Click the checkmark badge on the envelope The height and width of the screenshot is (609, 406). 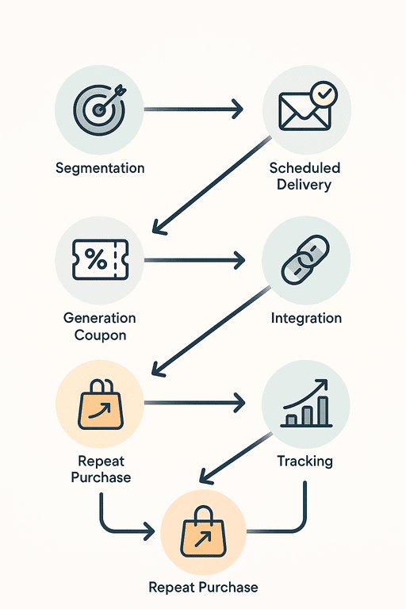pyautogui.click(x=324, y=94)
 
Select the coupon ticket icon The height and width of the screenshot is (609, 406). pyautogui.click(x=100, y=259)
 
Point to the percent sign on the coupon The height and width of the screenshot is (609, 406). pyautogui.click(x=96, y=259)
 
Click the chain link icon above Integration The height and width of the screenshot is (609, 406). pyautogui.click(x=305, y=259)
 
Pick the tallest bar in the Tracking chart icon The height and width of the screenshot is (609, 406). pyautogui.click(x=323, y=411)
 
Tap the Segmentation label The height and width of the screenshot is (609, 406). pyautogui.click(x=100, y=168)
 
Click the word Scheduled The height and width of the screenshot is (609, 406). pyautogui.click(x=304, y=168)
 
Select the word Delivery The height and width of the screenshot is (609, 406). pyautogui.click(x=304, y=185)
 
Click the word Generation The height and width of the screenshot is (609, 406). pyautogui.click(x=99, y=318)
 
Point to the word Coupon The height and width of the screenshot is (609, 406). pyautogui.click(x=100, y=335)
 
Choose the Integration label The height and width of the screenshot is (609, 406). pyautogui.click(x=306, y=318)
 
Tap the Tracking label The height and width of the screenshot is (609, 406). pyautogui.click(x=305, y=461)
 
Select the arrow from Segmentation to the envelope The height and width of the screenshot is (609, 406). pyautogui.click(x=193, y=109)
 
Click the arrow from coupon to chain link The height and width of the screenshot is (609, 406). pyautogui.click(x=194, y=260)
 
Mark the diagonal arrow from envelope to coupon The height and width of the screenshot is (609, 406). pyautogui.click(x=212, y=186)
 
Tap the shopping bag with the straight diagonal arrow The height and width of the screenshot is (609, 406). pyautogui.click(x=203, y=531)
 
